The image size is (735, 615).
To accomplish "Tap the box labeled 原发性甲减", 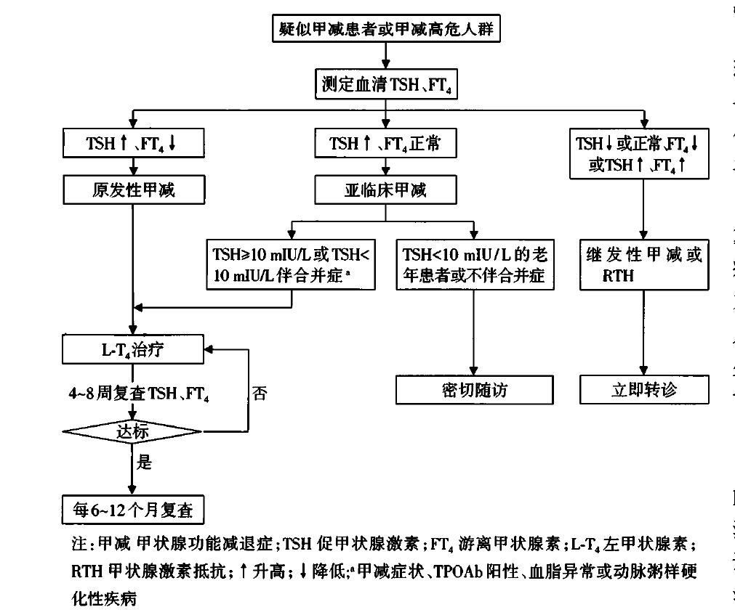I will coord(133,190).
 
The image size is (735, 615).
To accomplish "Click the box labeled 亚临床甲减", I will coord(385,190).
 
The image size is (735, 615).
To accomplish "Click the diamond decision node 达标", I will coord(133,432).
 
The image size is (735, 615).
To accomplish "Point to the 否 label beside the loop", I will coord(260,393).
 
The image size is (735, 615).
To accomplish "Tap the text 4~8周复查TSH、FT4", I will coord(139,393).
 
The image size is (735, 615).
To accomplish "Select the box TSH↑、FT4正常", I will coord(385,143).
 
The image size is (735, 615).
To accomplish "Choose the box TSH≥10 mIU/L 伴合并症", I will coord(291,265).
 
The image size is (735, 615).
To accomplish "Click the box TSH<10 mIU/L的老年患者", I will coord(474,265).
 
